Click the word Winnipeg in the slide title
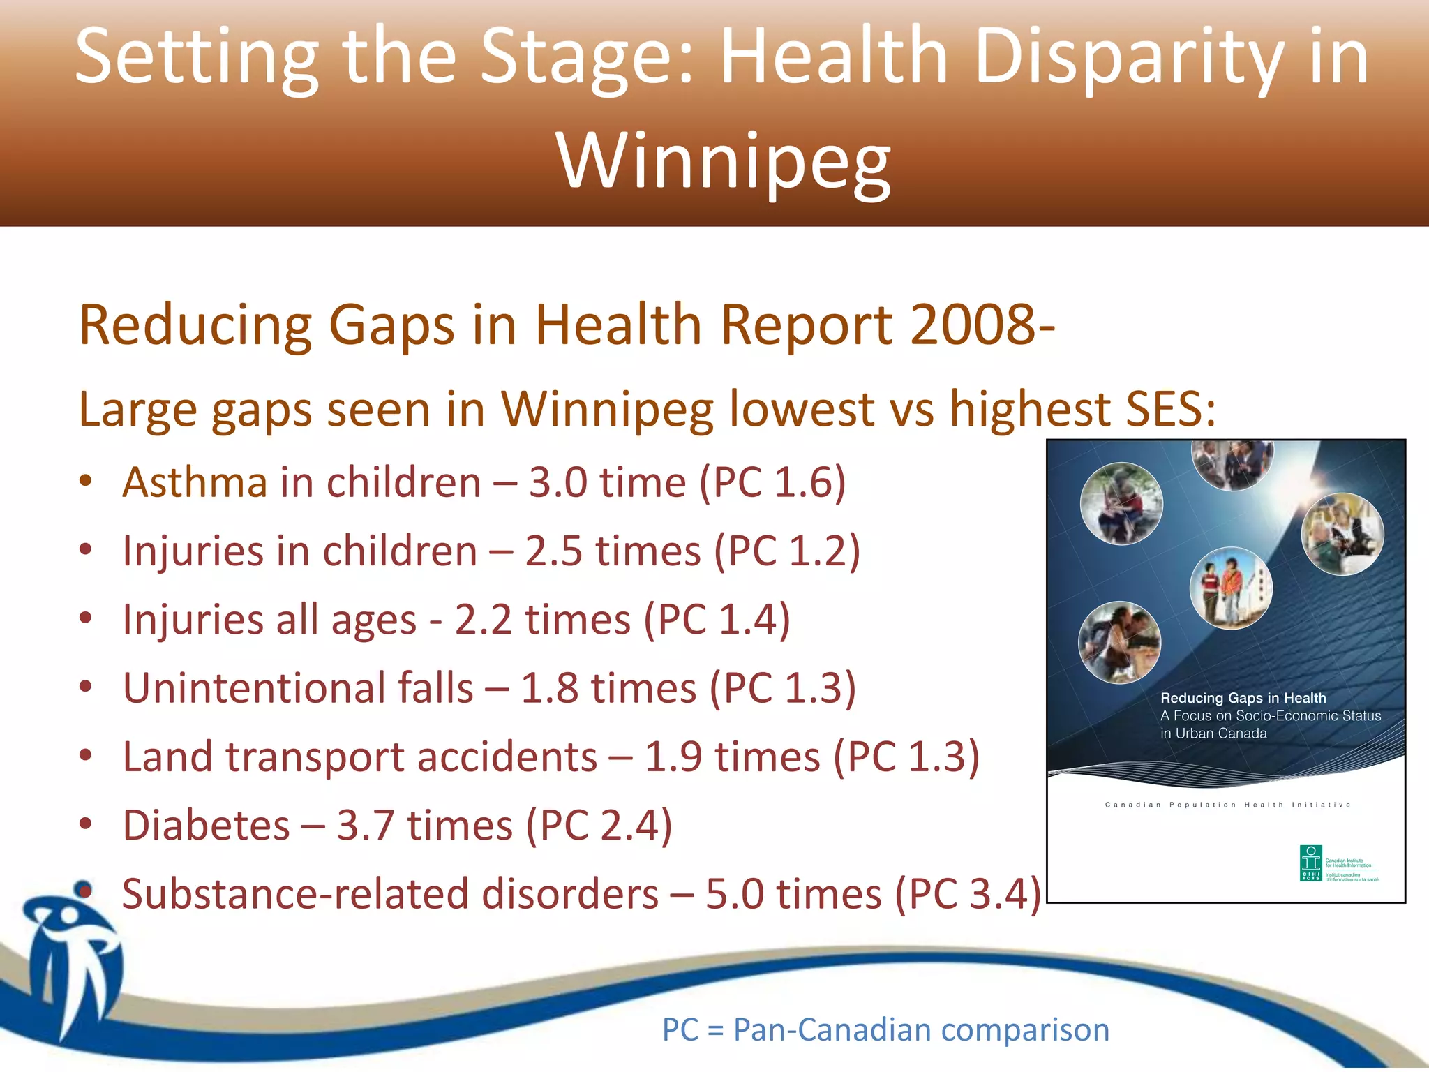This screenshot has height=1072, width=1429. (x=724, y=162)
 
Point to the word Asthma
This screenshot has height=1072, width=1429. (x=195, y=482)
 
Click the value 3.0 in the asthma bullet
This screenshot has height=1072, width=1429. (x=558, y=482)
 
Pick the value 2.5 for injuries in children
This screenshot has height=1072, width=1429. (x=553, y=551)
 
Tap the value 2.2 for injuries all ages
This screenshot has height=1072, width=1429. (x=483, y=619)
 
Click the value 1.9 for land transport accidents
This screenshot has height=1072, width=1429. (x=673, y=757)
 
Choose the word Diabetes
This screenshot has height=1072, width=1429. (x=206, y=826)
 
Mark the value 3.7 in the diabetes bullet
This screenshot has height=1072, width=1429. (x=366, y=826)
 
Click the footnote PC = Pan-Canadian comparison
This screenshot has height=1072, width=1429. (x=885, y=1029)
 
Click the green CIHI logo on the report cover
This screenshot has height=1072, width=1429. (x=1311, y=863)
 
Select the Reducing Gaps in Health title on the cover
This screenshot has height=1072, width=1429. (x=1243, y=698)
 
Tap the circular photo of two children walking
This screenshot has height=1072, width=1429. (x=1231, y=588)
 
